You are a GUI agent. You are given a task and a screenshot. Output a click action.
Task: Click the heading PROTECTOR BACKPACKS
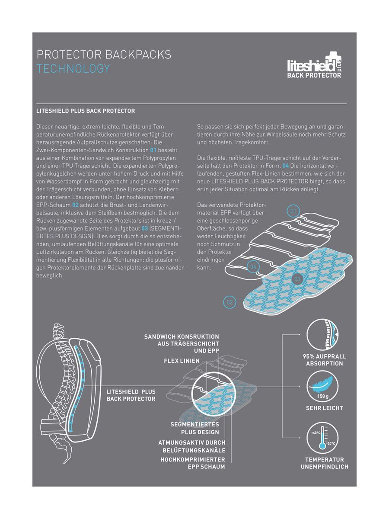104,55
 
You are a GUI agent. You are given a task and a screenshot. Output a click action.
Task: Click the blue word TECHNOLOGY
73,69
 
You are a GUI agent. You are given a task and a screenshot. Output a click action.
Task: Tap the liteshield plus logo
314,65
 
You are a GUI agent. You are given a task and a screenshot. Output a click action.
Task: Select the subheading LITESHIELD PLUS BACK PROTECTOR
86,111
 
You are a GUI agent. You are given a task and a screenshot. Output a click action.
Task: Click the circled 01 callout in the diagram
293,211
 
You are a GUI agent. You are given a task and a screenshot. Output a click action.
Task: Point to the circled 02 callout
230,302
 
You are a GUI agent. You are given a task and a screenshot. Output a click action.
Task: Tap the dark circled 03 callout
297,279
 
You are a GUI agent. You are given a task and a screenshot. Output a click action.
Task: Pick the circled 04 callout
253,267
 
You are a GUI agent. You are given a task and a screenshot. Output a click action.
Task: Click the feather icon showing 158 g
322,387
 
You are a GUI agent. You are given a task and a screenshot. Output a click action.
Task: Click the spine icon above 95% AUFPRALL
322,334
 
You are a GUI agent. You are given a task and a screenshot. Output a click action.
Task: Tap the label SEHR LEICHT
324,408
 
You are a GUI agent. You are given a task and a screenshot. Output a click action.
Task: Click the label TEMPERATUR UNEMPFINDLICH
324,463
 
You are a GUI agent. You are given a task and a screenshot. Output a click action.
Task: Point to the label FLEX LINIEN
182,361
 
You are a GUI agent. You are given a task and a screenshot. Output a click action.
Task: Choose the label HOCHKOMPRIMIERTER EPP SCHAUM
193,463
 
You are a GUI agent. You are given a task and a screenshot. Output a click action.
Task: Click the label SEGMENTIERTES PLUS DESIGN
194,428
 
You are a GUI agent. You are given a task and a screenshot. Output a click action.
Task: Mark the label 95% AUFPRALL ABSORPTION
324,360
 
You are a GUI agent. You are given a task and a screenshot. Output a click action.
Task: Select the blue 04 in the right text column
285,166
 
